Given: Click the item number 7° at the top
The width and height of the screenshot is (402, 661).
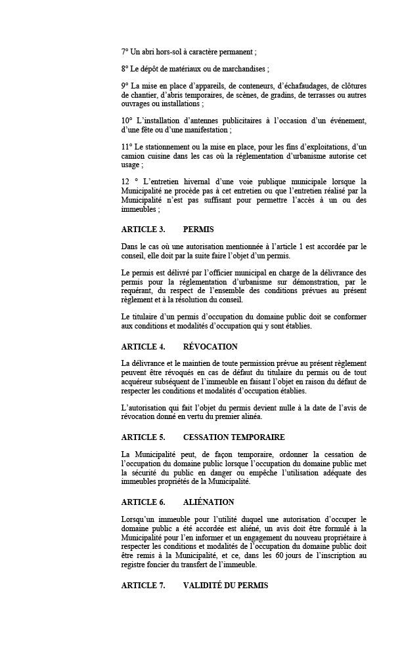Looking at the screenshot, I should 125,51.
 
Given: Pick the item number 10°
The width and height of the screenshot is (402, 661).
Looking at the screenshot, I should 127,121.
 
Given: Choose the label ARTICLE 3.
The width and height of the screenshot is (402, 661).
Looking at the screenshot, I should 143,230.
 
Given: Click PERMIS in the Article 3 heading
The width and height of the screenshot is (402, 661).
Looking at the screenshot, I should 198,230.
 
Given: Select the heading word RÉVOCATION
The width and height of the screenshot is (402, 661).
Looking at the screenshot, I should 210,346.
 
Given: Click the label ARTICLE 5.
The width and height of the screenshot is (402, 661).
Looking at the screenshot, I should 143,437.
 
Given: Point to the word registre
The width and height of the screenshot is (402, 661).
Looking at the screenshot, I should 135,565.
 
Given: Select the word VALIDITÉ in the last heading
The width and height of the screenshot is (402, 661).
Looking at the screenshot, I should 205,585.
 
